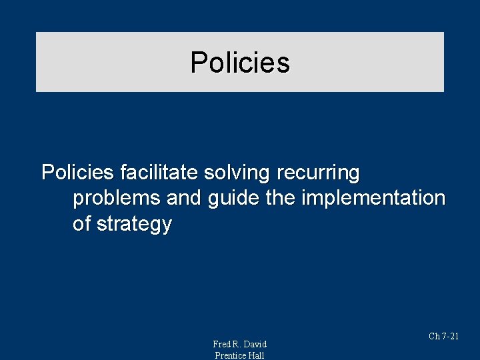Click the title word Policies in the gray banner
click(240, 63)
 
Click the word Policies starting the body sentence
click(77, 173)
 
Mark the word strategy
click(134, 225)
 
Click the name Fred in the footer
click(222, 344)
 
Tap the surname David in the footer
click(255, 344)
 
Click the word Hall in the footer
click(257, 355)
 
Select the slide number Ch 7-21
click(443, 337)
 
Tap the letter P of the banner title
click(198, 63)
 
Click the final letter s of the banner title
click(284, 63)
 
